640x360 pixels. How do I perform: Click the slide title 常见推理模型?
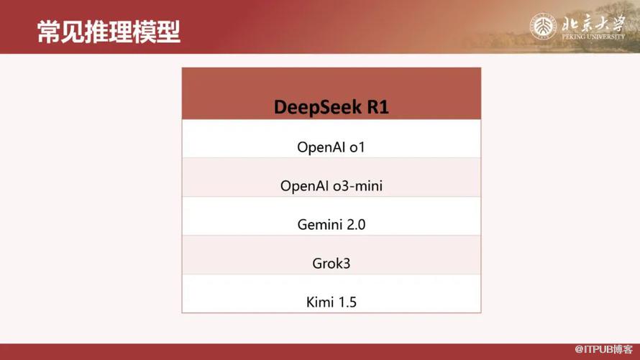109,32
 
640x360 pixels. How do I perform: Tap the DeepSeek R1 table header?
331,107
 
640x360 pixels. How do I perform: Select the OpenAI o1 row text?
331,147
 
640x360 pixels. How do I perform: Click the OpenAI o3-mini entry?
331,185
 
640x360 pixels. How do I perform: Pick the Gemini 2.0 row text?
331,224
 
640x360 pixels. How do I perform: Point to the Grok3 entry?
331,263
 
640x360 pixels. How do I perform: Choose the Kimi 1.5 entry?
331,302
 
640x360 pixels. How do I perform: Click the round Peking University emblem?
543,27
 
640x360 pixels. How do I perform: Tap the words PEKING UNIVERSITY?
593,36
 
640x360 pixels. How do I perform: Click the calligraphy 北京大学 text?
593,23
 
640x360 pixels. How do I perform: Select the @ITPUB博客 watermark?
603,349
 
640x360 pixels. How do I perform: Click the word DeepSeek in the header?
318,107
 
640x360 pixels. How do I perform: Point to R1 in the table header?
378,107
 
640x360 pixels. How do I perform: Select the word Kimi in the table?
319,302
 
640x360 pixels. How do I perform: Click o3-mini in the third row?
357,186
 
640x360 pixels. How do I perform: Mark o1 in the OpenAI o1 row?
357,147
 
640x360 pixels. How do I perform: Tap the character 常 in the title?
49,32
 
